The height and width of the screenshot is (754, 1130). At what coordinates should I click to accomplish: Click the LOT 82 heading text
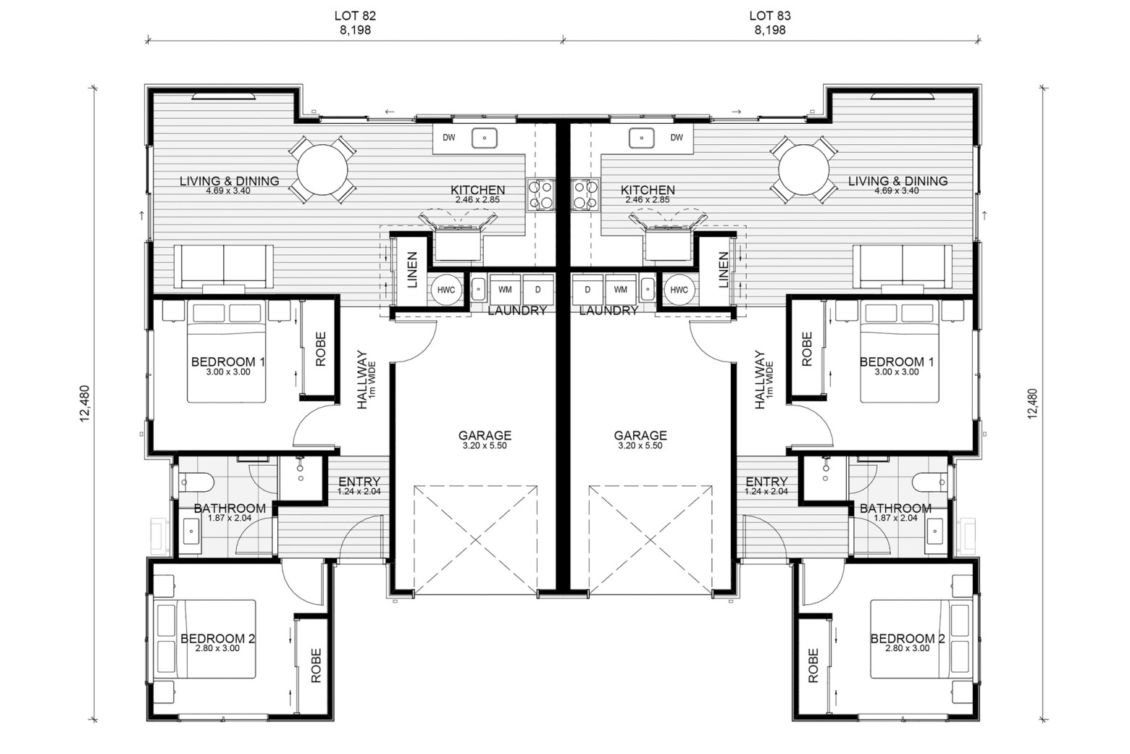355,16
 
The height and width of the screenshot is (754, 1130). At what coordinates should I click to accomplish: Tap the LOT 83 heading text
770,16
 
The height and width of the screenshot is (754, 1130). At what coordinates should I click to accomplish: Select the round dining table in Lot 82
322,170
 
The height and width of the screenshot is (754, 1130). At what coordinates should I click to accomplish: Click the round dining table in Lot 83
803,170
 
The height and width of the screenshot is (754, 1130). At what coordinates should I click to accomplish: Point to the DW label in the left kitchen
448,138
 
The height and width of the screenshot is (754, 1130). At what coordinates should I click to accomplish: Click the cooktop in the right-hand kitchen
585,194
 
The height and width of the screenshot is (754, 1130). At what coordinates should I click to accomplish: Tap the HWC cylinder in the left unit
446,290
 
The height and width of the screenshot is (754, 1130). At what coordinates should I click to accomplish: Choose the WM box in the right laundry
620,290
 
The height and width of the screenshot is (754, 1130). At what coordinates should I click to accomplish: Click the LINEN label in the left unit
412,270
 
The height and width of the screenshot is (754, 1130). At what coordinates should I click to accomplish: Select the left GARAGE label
485,435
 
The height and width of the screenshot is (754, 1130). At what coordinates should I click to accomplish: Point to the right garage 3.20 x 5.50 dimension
640,446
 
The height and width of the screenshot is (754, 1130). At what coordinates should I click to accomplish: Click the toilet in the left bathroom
196,482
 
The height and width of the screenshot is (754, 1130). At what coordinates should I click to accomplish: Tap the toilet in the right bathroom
931,482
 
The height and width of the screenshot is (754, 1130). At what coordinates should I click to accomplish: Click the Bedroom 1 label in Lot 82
228,361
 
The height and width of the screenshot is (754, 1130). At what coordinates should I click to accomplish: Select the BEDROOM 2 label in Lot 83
908,639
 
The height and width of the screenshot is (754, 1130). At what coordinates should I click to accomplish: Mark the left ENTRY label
359,482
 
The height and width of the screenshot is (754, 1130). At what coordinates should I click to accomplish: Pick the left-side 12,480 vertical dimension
84,403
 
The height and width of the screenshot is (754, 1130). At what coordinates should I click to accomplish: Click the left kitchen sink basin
485,138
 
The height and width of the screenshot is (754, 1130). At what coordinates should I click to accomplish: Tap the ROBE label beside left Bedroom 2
316,666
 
